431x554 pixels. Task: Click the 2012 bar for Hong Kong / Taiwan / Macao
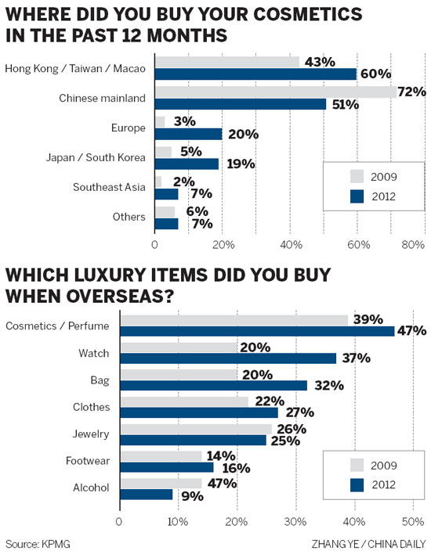click(255, 74)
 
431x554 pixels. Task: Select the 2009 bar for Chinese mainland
click(274, 92)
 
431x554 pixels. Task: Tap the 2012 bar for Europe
click(188, 135)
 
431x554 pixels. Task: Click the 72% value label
click(412, 92)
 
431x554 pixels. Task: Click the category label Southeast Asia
click(109, 187)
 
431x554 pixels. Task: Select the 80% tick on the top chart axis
click(413, 245)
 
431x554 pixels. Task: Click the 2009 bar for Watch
click(178, 347)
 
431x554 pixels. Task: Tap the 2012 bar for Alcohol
click(146, 495)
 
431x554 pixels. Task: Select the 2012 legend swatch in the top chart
click(357, 196)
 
